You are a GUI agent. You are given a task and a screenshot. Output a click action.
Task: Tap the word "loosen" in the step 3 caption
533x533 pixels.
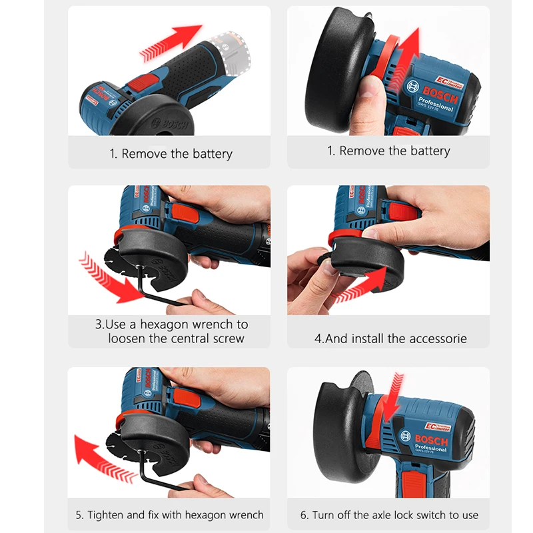(128, 338)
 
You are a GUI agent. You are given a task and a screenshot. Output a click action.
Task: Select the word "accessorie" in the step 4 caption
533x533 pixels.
(436, 338)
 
